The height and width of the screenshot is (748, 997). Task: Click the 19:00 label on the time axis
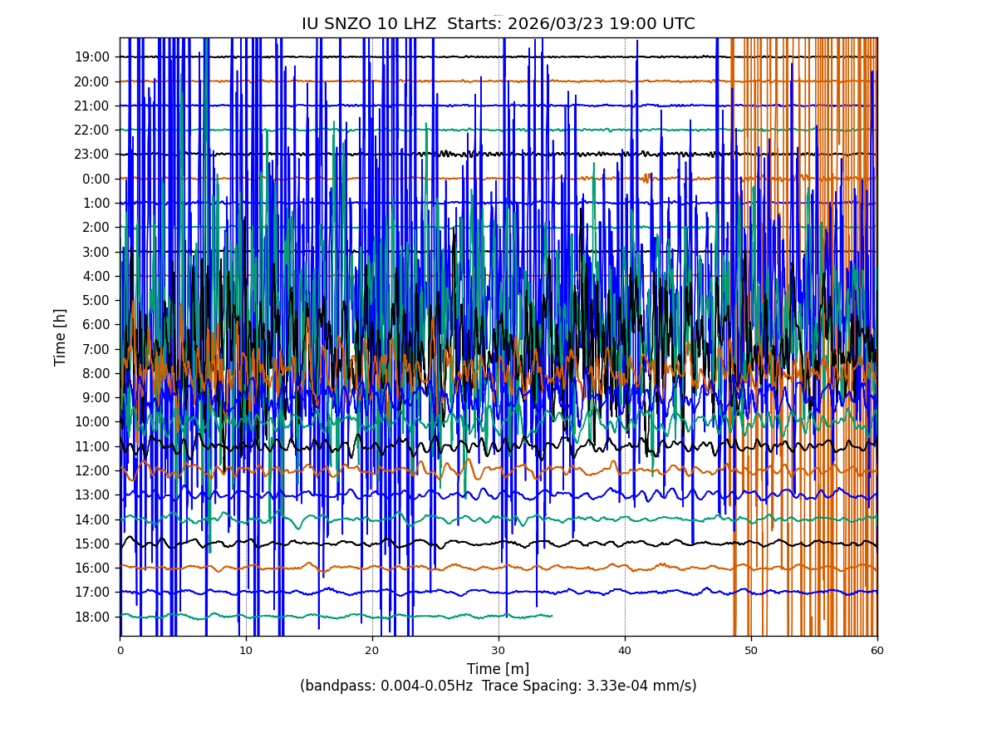pos(92,57)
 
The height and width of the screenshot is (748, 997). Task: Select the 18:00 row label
pos(92,617)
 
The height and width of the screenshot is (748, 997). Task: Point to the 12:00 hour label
pos(92,470)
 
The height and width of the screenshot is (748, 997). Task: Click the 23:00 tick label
pos(92,155)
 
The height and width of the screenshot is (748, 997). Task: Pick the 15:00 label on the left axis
pos(92,544)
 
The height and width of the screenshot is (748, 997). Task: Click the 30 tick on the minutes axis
pos(498,651)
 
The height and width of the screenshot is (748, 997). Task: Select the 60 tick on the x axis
pos(877,651)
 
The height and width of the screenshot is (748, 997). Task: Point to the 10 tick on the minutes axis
pos(246,651)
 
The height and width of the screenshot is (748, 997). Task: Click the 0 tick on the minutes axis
pos(120,651)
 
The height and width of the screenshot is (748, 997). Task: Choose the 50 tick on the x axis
pos(751,651)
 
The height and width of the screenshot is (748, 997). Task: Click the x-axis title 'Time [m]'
pos(498,669)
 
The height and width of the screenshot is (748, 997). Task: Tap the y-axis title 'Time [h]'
pos(61,337)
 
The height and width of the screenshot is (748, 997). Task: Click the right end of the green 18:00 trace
pos(552,616)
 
